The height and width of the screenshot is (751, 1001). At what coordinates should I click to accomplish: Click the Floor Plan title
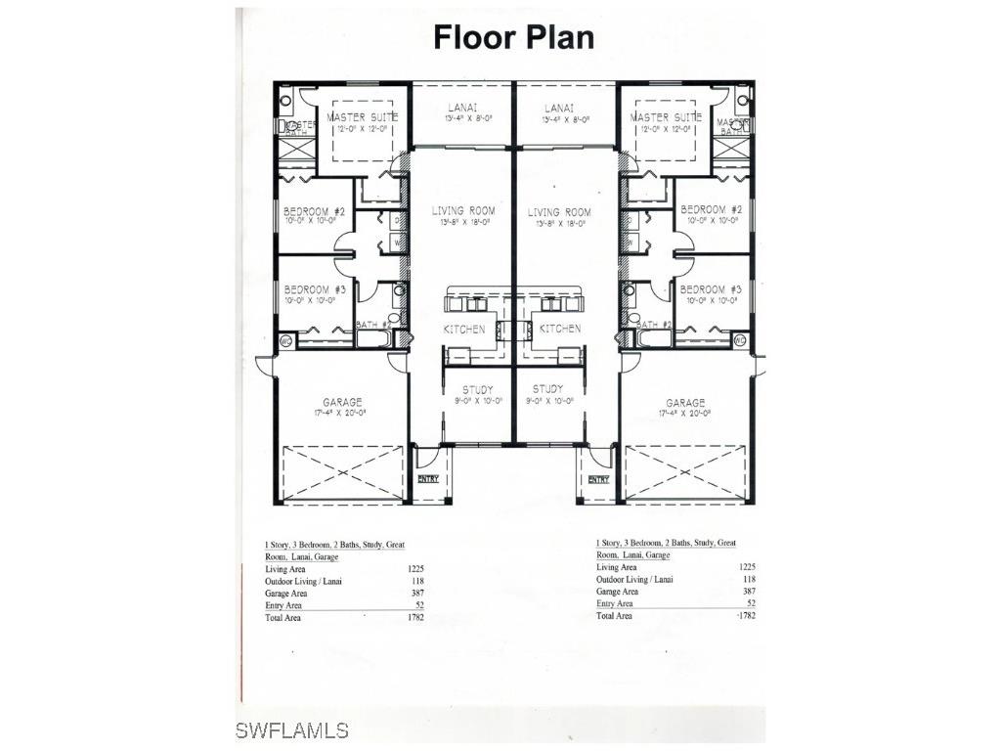[x=513, y=37]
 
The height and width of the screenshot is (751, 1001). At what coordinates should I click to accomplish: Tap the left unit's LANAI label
[x=462, y=108]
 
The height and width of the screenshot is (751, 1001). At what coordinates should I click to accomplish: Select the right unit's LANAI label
[x=558, y=108]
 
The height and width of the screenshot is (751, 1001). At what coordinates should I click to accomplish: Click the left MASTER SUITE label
[x=364, y=117]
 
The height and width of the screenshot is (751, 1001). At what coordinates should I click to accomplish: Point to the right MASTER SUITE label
[x=666, y=117]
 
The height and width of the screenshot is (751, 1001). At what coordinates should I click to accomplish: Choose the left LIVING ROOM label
[x=463, y=211]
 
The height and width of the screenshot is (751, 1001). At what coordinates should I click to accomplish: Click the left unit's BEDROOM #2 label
[x=314, y=211]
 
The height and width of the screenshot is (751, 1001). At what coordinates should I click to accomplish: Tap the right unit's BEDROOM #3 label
[x=711, y=289]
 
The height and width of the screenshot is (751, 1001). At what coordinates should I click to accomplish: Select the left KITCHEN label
[x=464, y=330]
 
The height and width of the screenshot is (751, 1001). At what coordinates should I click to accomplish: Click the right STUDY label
[x=548, y=389]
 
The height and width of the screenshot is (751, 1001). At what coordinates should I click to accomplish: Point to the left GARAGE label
[x=343, y=402]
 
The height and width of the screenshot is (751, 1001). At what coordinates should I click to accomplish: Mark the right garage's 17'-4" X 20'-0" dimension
[x=685, y=414]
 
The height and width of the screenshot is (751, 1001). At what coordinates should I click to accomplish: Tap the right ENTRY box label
[x=598, y=479]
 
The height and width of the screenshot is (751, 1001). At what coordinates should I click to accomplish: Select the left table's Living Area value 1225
[x=414, y=568]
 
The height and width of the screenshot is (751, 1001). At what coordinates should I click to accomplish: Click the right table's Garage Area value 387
[x=749, y=592]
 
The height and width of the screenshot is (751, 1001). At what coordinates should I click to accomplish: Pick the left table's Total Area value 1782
[x=414, y=618]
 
